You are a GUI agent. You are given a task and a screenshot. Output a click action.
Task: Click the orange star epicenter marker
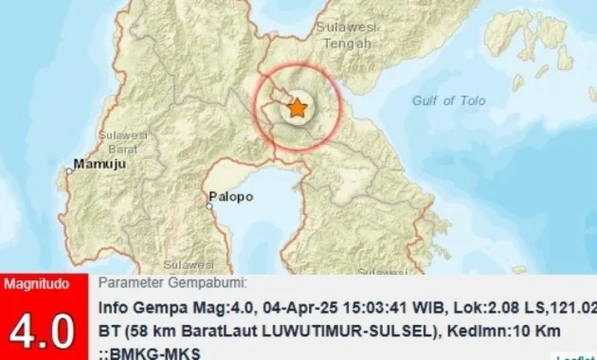tap(298, 109)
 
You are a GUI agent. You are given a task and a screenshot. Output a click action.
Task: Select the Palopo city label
tap(231, 197)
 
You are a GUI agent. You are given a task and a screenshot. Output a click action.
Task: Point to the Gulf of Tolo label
tap(449, 100)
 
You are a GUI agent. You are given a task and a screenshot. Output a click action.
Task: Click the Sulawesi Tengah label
tap(346, 35)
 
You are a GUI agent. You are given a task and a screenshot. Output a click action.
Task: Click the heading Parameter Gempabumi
tap(173, 283)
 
